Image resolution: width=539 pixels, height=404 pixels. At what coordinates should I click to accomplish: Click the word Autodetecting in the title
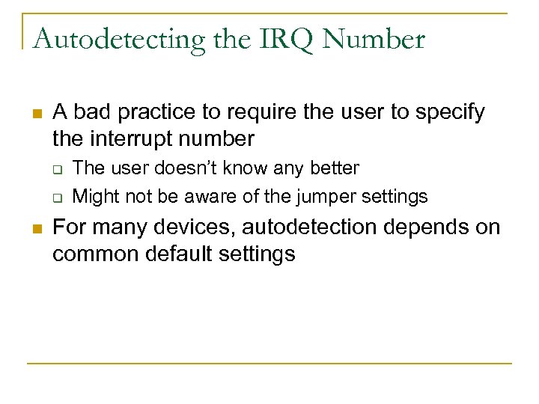(x=118, y=39)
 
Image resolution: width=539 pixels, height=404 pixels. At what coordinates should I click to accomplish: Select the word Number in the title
(x=374, y=39)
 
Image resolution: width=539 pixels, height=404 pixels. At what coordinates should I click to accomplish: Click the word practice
(x=142, y=113)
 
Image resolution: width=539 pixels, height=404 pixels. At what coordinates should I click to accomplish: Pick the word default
(x=179, y=254)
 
